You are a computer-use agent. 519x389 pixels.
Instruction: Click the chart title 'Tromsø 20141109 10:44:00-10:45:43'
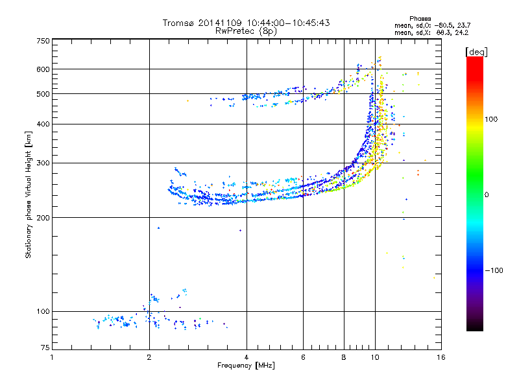247,23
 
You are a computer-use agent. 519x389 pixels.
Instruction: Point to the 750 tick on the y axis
42,41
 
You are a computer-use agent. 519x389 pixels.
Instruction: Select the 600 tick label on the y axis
42,69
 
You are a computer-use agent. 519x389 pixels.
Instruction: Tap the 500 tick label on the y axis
42,94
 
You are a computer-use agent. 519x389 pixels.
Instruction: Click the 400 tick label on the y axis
42,124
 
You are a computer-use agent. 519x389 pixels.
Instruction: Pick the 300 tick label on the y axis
42,163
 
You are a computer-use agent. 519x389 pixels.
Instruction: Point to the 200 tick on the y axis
42,217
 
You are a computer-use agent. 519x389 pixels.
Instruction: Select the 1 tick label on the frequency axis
52,357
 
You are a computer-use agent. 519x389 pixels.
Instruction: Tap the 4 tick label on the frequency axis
247,357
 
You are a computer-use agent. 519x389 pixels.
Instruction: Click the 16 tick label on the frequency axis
441,357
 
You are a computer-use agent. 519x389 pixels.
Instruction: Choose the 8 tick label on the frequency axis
344,357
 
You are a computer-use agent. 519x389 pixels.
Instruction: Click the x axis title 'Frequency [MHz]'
246,366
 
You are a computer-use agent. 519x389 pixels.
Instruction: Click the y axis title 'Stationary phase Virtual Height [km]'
29,194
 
